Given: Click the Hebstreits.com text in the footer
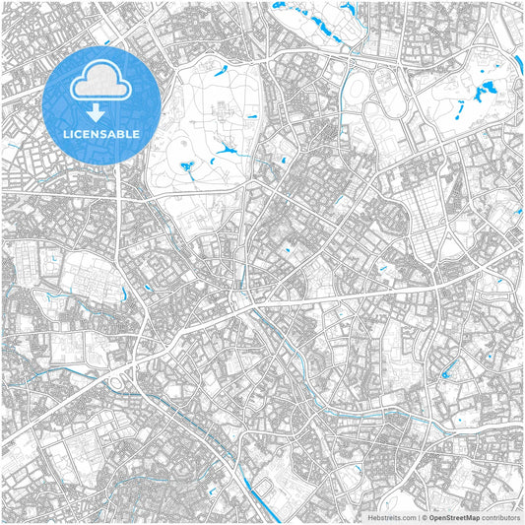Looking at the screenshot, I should point(393,516).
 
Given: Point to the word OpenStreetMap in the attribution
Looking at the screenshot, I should point(454,516).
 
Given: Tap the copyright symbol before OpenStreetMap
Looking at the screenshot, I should point(425,516).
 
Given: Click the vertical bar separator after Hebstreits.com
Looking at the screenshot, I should point(419,516).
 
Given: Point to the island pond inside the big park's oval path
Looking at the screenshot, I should point(186,166).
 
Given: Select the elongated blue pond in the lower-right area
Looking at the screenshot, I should point(450,371).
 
